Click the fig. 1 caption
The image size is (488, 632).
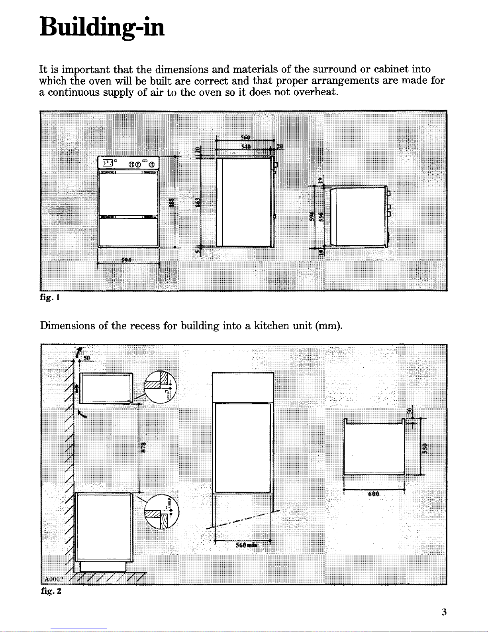point(50,297)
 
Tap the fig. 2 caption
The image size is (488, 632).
point(51,591)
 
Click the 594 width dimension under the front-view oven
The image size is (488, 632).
point(127,260)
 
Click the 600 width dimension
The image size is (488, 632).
point(374,494)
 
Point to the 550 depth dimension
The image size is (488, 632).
point(425,447)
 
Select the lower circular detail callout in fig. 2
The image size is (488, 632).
point(162,512)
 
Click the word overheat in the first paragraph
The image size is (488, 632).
point(316,93)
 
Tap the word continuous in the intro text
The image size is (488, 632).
point(69,93)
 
